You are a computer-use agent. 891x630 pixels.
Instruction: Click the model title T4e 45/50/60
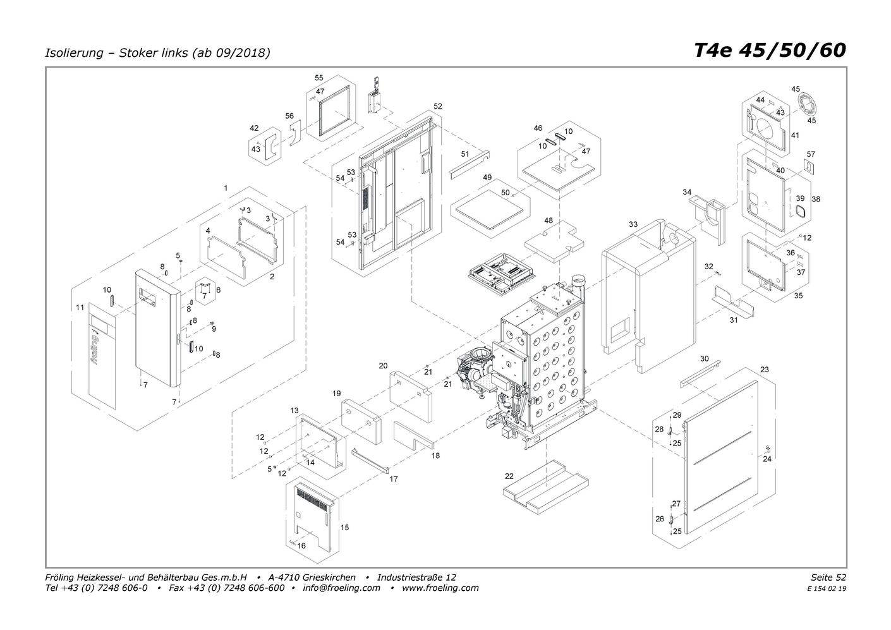(770, 51)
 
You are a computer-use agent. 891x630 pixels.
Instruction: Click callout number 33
(633, 224)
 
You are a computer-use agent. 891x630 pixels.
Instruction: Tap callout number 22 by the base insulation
(509, 476)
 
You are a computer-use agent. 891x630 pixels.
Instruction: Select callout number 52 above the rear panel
(437, 106)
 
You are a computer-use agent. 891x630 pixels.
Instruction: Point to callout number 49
(487, 178)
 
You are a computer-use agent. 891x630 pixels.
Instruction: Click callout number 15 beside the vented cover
(344, 528)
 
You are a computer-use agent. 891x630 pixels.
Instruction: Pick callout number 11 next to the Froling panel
(80, 308)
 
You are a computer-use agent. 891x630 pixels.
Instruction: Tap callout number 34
(687, 192)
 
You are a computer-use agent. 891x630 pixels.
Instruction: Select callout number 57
(811, 154)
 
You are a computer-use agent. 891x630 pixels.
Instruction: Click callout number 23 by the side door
(765, 370)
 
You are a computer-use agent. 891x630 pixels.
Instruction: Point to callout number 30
(705, 359)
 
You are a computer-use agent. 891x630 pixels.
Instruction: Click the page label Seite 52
(828, 578)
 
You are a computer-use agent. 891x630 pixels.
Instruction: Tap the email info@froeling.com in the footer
(341, 588)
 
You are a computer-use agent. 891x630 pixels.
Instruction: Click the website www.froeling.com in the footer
(440, 588)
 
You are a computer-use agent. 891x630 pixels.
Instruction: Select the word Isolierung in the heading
(74, 52)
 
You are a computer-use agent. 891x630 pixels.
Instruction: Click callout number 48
(548, 221)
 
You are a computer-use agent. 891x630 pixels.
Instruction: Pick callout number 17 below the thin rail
(394, 479)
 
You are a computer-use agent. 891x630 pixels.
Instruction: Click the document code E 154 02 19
(827, 589)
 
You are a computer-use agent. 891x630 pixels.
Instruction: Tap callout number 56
(289, 116)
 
